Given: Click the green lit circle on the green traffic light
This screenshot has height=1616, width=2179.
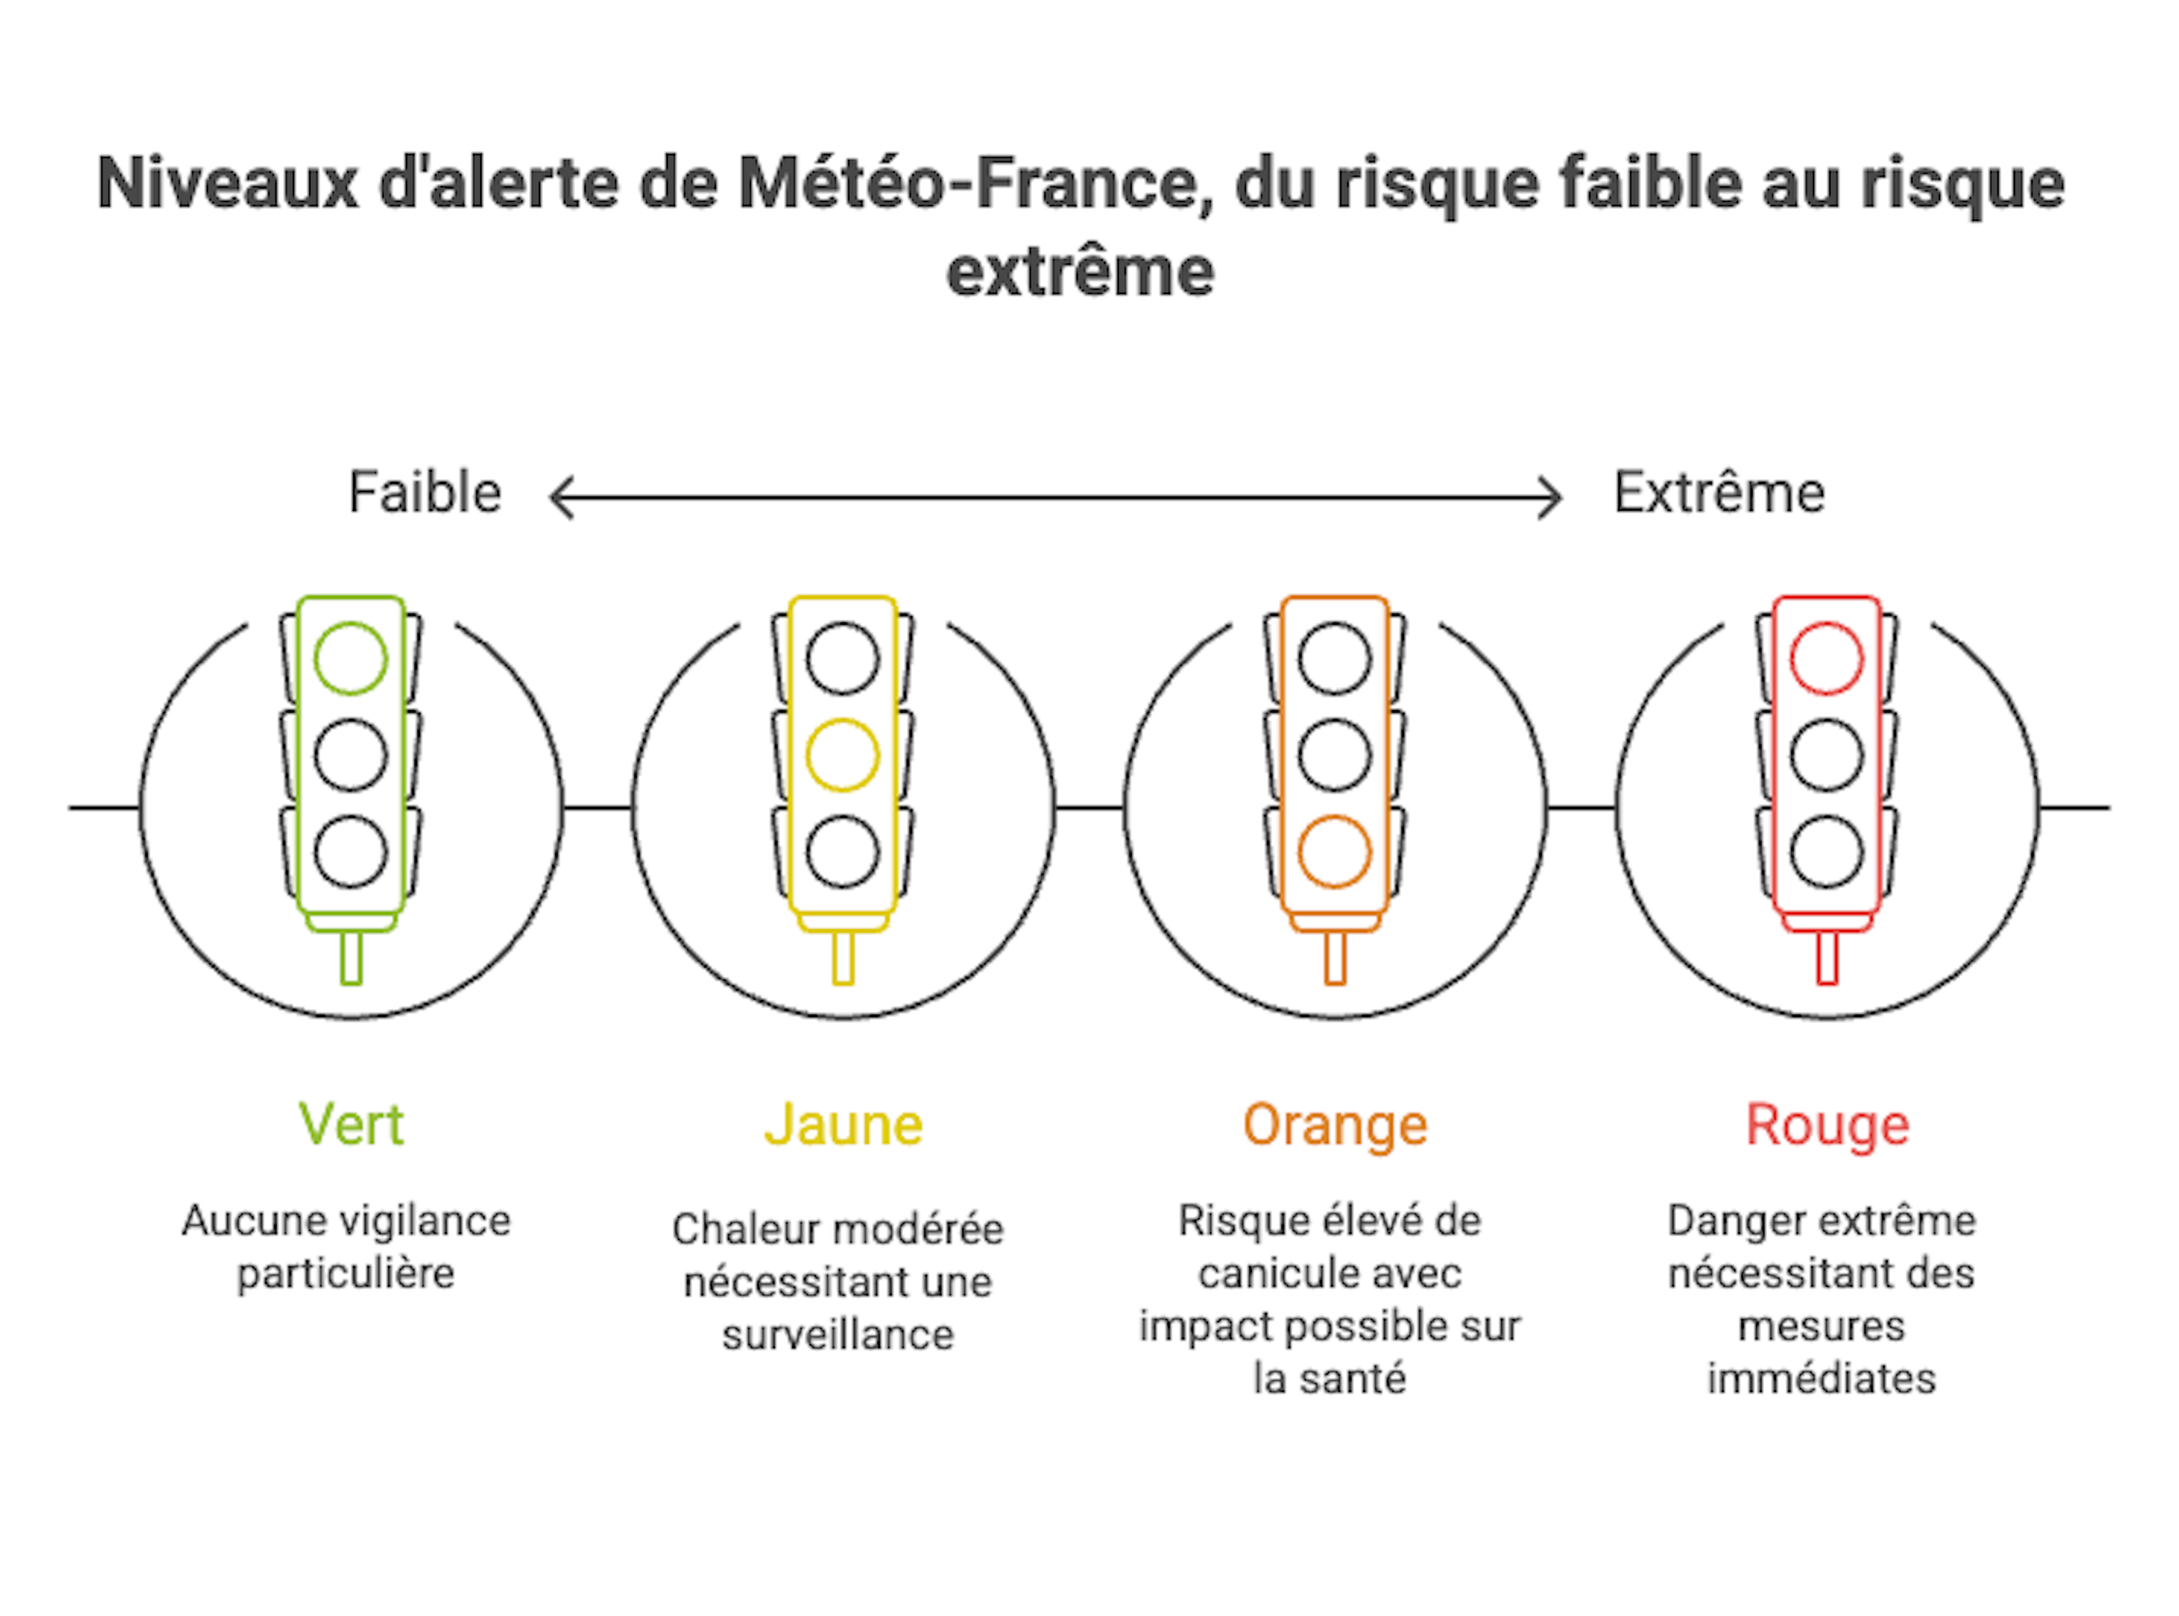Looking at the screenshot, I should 350,658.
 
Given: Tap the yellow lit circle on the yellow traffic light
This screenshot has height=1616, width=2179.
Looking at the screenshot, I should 842,755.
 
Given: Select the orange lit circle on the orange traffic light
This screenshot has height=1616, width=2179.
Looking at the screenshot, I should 1334,852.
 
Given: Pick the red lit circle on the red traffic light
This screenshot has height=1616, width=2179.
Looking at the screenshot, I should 1827,658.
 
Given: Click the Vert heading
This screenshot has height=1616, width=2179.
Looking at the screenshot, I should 350,1125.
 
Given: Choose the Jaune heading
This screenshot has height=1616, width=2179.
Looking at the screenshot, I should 842,1125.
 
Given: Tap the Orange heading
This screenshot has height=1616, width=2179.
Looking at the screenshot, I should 1334,1125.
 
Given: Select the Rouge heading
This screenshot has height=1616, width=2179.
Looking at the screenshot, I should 1827,1125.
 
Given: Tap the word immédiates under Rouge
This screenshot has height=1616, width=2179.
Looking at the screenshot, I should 1821,1379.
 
